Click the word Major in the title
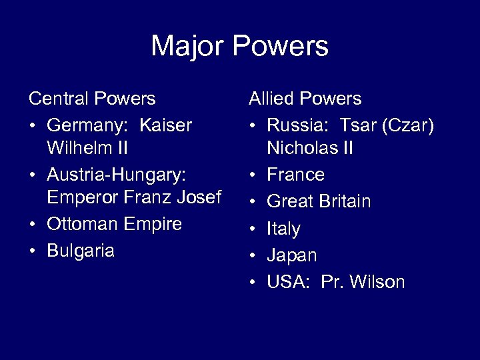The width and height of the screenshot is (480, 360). click(191, 47)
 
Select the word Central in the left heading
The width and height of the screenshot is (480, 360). click(59, 99)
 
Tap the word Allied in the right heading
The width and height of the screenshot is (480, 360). click(271, 99)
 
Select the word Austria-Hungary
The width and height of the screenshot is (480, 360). click(116, 175)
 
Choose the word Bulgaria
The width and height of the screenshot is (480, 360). click(80, 251)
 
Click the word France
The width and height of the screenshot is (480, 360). click(296, 175)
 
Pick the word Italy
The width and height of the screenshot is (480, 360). click(283, 229)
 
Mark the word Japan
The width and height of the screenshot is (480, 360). click(292, 255)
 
